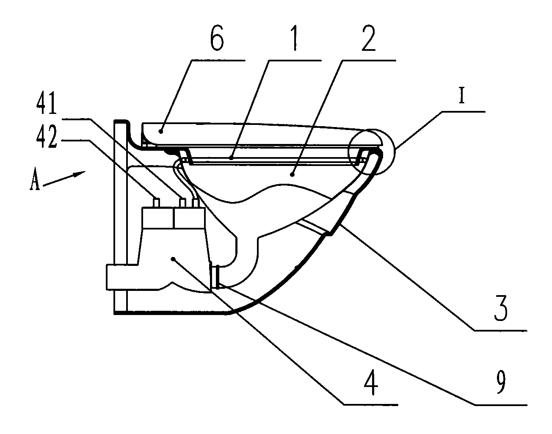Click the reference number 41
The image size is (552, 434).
[47, 104]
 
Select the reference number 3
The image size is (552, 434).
[500, 309]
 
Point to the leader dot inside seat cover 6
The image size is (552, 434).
[160, 131]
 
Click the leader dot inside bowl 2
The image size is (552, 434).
[293, 175]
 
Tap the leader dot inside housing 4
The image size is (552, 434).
[173, 259]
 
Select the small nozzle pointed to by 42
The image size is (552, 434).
[157, 203]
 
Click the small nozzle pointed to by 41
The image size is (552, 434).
[182, 203]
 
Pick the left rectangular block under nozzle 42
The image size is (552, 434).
[158, 218]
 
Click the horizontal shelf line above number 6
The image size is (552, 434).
[218, 61]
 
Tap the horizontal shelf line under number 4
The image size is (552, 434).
[370, 404]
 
